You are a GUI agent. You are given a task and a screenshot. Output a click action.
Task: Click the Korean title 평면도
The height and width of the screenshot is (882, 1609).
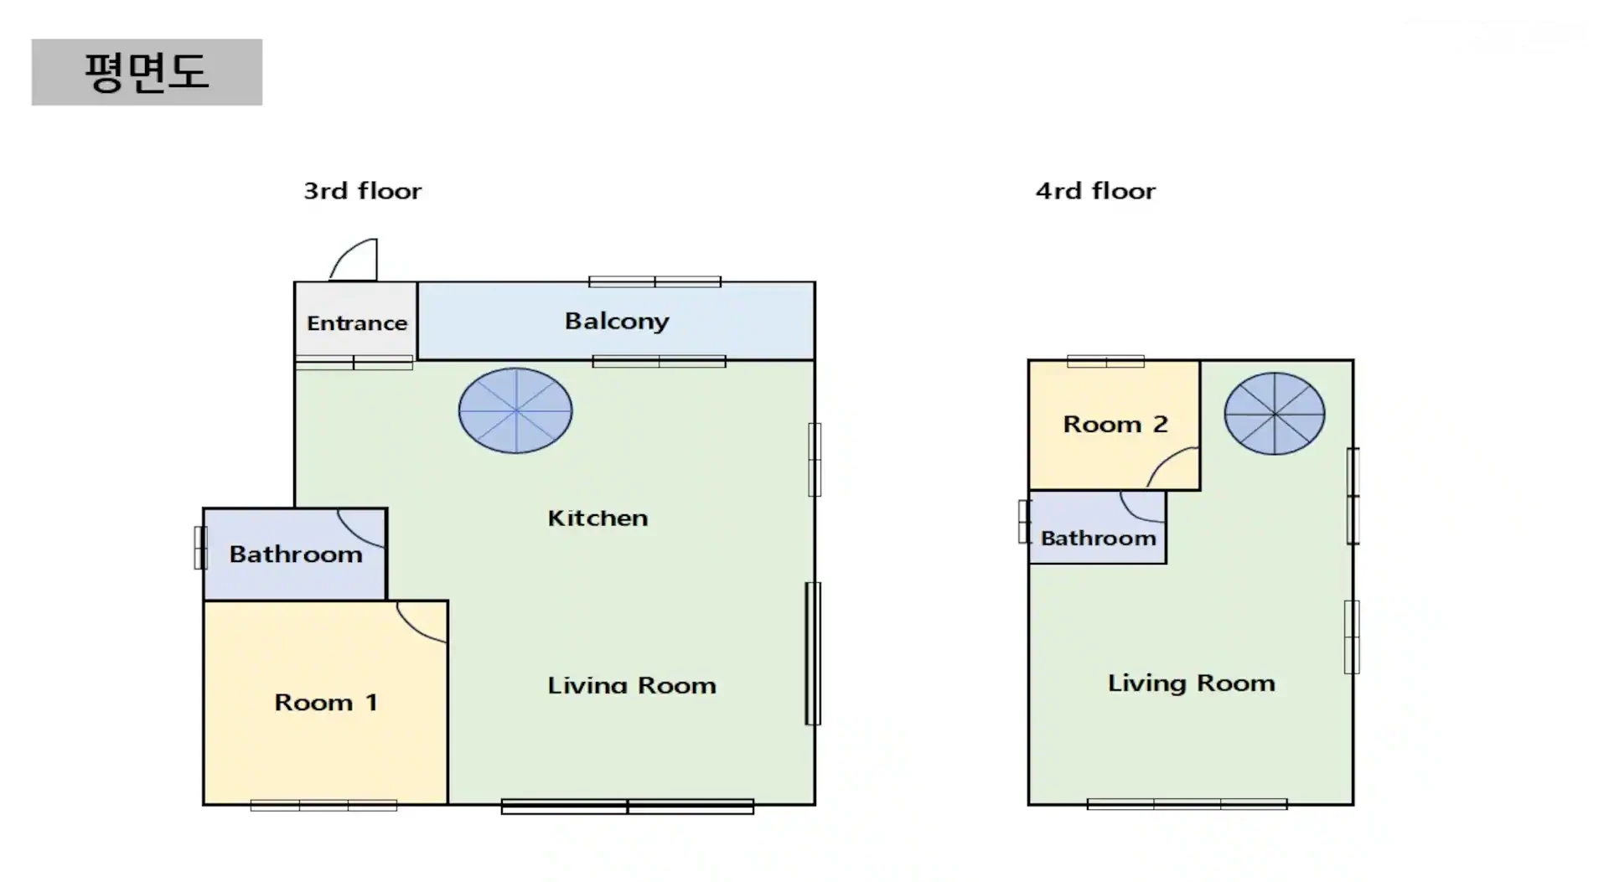147,72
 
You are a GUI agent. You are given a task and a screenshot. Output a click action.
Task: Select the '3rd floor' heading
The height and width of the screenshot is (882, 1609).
363,191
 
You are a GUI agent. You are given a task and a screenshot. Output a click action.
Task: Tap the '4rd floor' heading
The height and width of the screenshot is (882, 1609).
1095,191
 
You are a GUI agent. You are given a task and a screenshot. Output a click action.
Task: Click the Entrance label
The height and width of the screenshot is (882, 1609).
357,323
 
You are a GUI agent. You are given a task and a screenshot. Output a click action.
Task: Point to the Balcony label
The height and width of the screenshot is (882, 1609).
617,322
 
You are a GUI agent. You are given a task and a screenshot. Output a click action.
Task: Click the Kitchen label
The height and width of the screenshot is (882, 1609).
598,518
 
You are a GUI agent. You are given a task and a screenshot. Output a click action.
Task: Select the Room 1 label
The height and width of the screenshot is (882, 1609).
326,702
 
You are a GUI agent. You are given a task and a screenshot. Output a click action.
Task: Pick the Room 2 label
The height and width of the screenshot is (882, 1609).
1115,425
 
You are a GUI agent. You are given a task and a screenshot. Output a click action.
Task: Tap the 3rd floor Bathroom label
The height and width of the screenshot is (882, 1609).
296,554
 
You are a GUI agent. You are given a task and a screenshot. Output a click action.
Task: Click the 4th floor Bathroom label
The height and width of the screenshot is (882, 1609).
1099,539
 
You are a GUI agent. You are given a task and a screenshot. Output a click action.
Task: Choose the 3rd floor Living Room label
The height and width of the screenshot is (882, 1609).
632,686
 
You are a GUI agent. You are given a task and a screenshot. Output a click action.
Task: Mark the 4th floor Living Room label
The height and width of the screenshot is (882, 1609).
1192,683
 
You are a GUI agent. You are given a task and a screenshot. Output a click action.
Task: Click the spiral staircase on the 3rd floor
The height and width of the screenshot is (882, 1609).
515,410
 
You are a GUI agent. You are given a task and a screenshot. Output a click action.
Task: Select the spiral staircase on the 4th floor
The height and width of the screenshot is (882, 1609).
1275,414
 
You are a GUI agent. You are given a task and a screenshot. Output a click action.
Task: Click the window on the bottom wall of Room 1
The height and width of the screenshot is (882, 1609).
323,806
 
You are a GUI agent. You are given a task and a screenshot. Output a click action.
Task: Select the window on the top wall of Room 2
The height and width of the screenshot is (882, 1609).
1106,362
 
